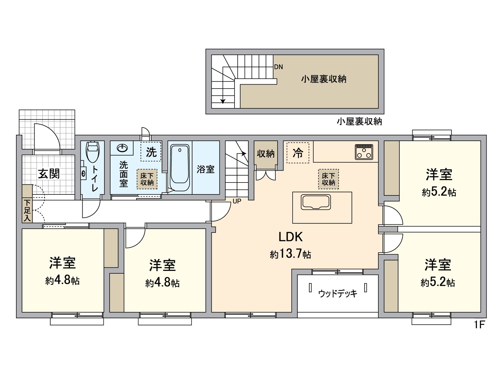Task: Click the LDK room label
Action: (x=290, y=237)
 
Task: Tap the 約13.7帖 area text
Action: (x=290, y=254)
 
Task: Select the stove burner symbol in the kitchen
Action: (x=364, y=152)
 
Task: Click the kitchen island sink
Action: (x=316, y=202)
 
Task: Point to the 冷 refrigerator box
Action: (x=298, y=153)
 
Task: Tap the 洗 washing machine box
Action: (x=151, y=152)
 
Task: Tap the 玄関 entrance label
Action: (x=49, y=173)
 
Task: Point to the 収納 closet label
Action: (x=266, y=154)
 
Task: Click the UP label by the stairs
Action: (x=237, y=201)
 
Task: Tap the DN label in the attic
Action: (x=279, y=67)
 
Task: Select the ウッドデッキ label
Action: (x=338, y=293)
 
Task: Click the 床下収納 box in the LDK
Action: (x=329, y=179)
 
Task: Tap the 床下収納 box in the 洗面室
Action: (x=147, y=179)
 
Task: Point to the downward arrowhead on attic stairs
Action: (x=223, y=101)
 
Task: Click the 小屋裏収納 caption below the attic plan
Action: (x=359, y=122)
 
